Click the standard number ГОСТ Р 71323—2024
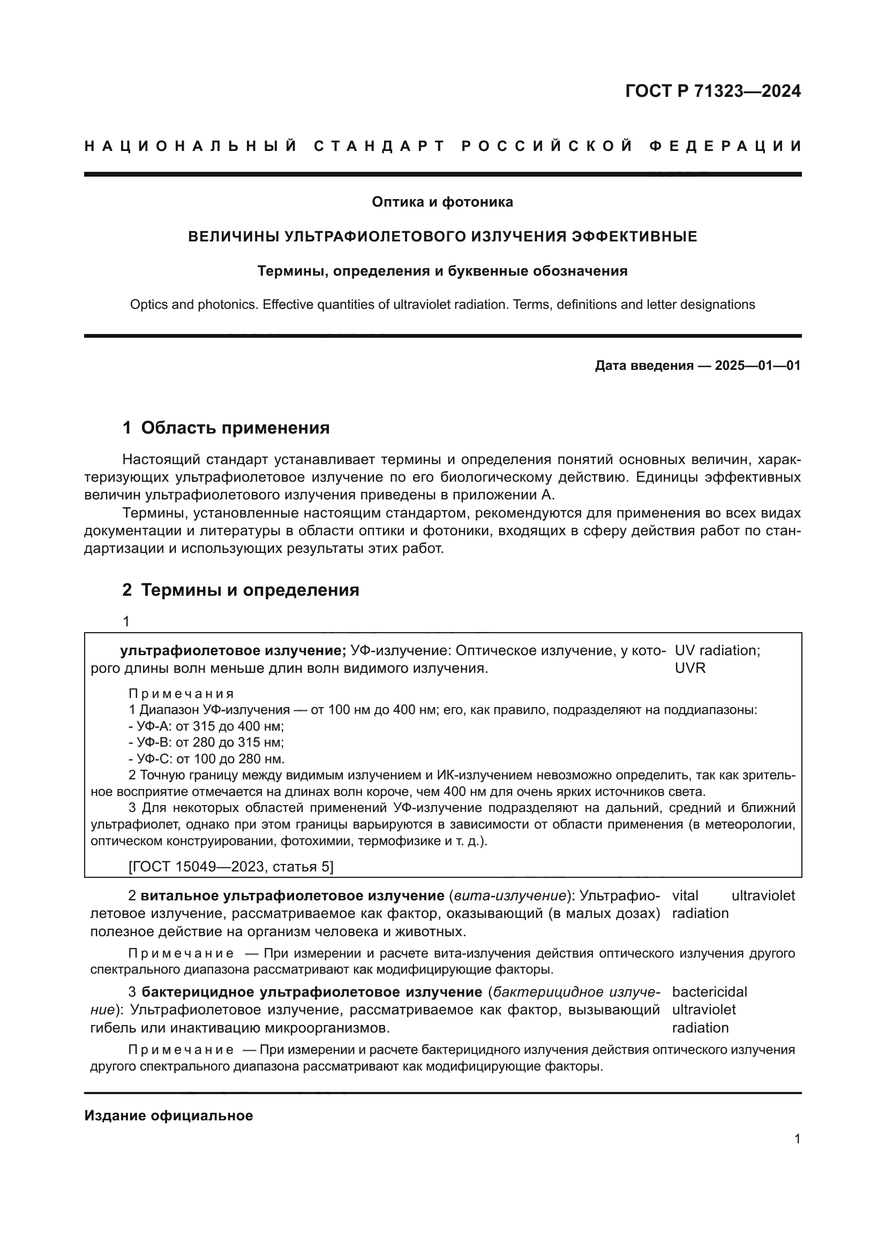pos(712,91)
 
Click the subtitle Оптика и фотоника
pos(442,202)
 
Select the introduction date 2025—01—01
pos(757,366)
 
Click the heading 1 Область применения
pos(226,428)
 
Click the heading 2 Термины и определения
pos(241,590)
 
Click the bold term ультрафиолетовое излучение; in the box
pos(233,650)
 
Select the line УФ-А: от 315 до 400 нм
pos(206,726)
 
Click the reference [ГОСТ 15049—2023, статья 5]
pos(230,867)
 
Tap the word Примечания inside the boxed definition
pos(181,694)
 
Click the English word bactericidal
pos(709,992)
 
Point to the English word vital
pos(685,896)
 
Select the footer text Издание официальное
pos(169,1116)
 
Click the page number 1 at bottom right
pos(797,1139)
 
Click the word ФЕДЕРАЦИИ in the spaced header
pos(725,146)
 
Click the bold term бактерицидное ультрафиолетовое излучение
pos(312,992)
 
